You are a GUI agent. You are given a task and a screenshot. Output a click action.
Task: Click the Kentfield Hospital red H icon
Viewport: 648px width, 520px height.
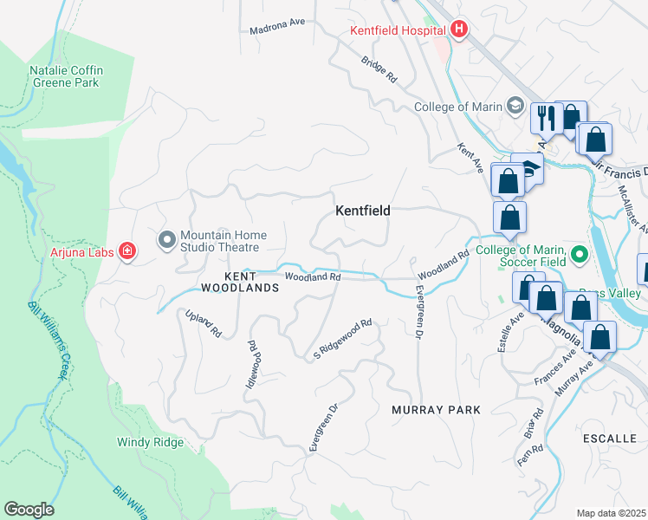pyautogui.click(x=459, y=30)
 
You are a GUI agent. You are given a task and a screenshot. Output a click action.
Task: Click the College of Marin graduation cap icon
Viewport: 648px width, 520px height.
pyautogui.click(x=516, y=107)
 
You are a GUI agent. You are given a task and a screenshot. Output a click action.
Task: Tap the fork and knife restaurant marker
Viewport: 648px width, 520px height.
pyautogui.click(x=544, y=117)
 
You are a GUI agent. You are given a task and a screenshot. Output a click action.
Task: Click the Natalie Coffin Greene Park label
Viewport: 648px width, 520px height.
pyautogui.click(x=64, y=76)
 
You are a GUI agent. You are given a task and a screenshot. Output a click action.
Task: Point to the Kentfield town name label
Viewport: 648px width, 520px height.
pyautogui.click(x=363, y=211)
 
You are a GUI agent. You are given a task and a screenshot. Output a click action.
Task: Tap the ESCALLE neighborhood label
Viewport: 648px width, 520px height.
pyautogui.click(x=610, y=439)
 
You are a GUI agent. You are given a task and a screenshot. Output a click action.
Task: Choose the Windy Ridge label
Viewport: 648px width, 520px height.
pyautogui.click(x=150, y=442)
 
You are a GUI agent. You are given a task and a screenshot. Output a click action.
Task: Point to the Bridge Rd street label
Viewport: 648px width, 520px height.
pyautogui.click(x=379, y=70)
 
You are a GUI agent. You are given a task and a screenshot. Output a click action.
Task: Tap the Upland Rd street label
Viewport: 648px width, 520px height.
pyautogui.click(x=204, y=322)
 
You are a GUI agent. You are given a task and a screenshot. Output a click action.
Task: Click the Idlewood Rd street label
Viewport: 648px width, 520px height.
pyautogui.click(x=255, y=364)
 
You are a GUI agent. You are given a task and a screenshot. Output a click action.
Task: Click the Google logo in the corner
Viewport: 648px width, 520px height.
pyautogui.click(x=29, y=510)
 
